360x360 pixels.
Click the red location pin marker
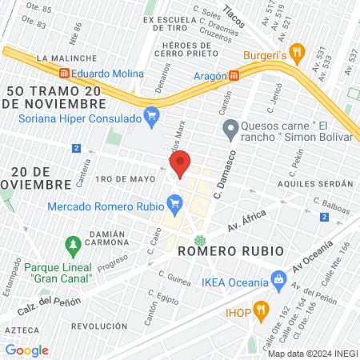tap(181, 164)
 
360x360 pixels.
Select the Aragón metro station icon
tap(234, 74)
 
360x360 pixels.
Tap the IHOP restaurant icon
tap(261, 311)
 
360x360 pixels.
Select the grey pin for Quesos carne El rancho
tap(230, 127)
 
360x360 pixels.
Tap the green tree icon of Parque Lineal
tap(73, 242)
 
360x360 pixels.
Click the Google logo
tap(26, 350)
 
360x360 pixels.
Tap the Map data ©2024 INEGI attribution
tap(312, 354)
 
